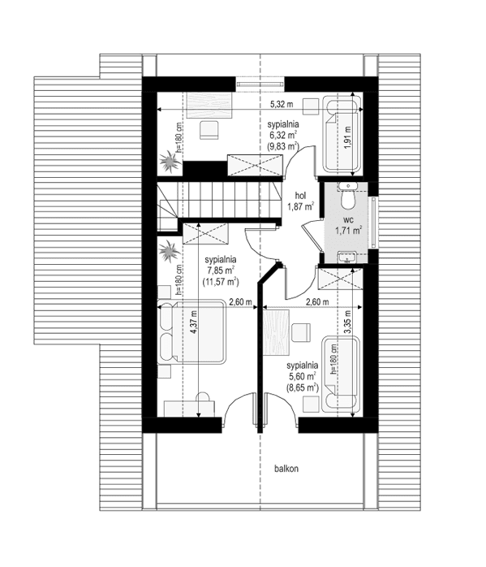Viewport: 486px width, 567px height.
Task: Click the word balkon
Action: (x=286, y=469)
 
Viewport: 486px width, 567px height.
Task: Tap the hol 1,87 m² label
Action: (x=299, y=201)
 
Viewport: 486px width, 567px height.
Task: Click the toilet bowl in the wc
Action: (x=348, y=198)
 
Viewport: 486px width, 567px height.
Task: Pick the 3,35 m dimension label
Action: (x=347, y=321)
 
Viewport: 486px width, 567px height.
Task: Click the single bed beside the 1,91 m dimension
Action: (x=339, y=134)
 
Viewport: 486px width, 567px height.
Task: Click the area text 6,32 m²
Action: (x=284, y=136)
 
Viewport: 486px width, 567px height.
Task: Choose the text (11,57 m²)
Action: (x=221, y=281)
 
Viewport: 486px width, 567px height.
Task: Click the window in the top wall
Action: (x=260, y=82)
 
